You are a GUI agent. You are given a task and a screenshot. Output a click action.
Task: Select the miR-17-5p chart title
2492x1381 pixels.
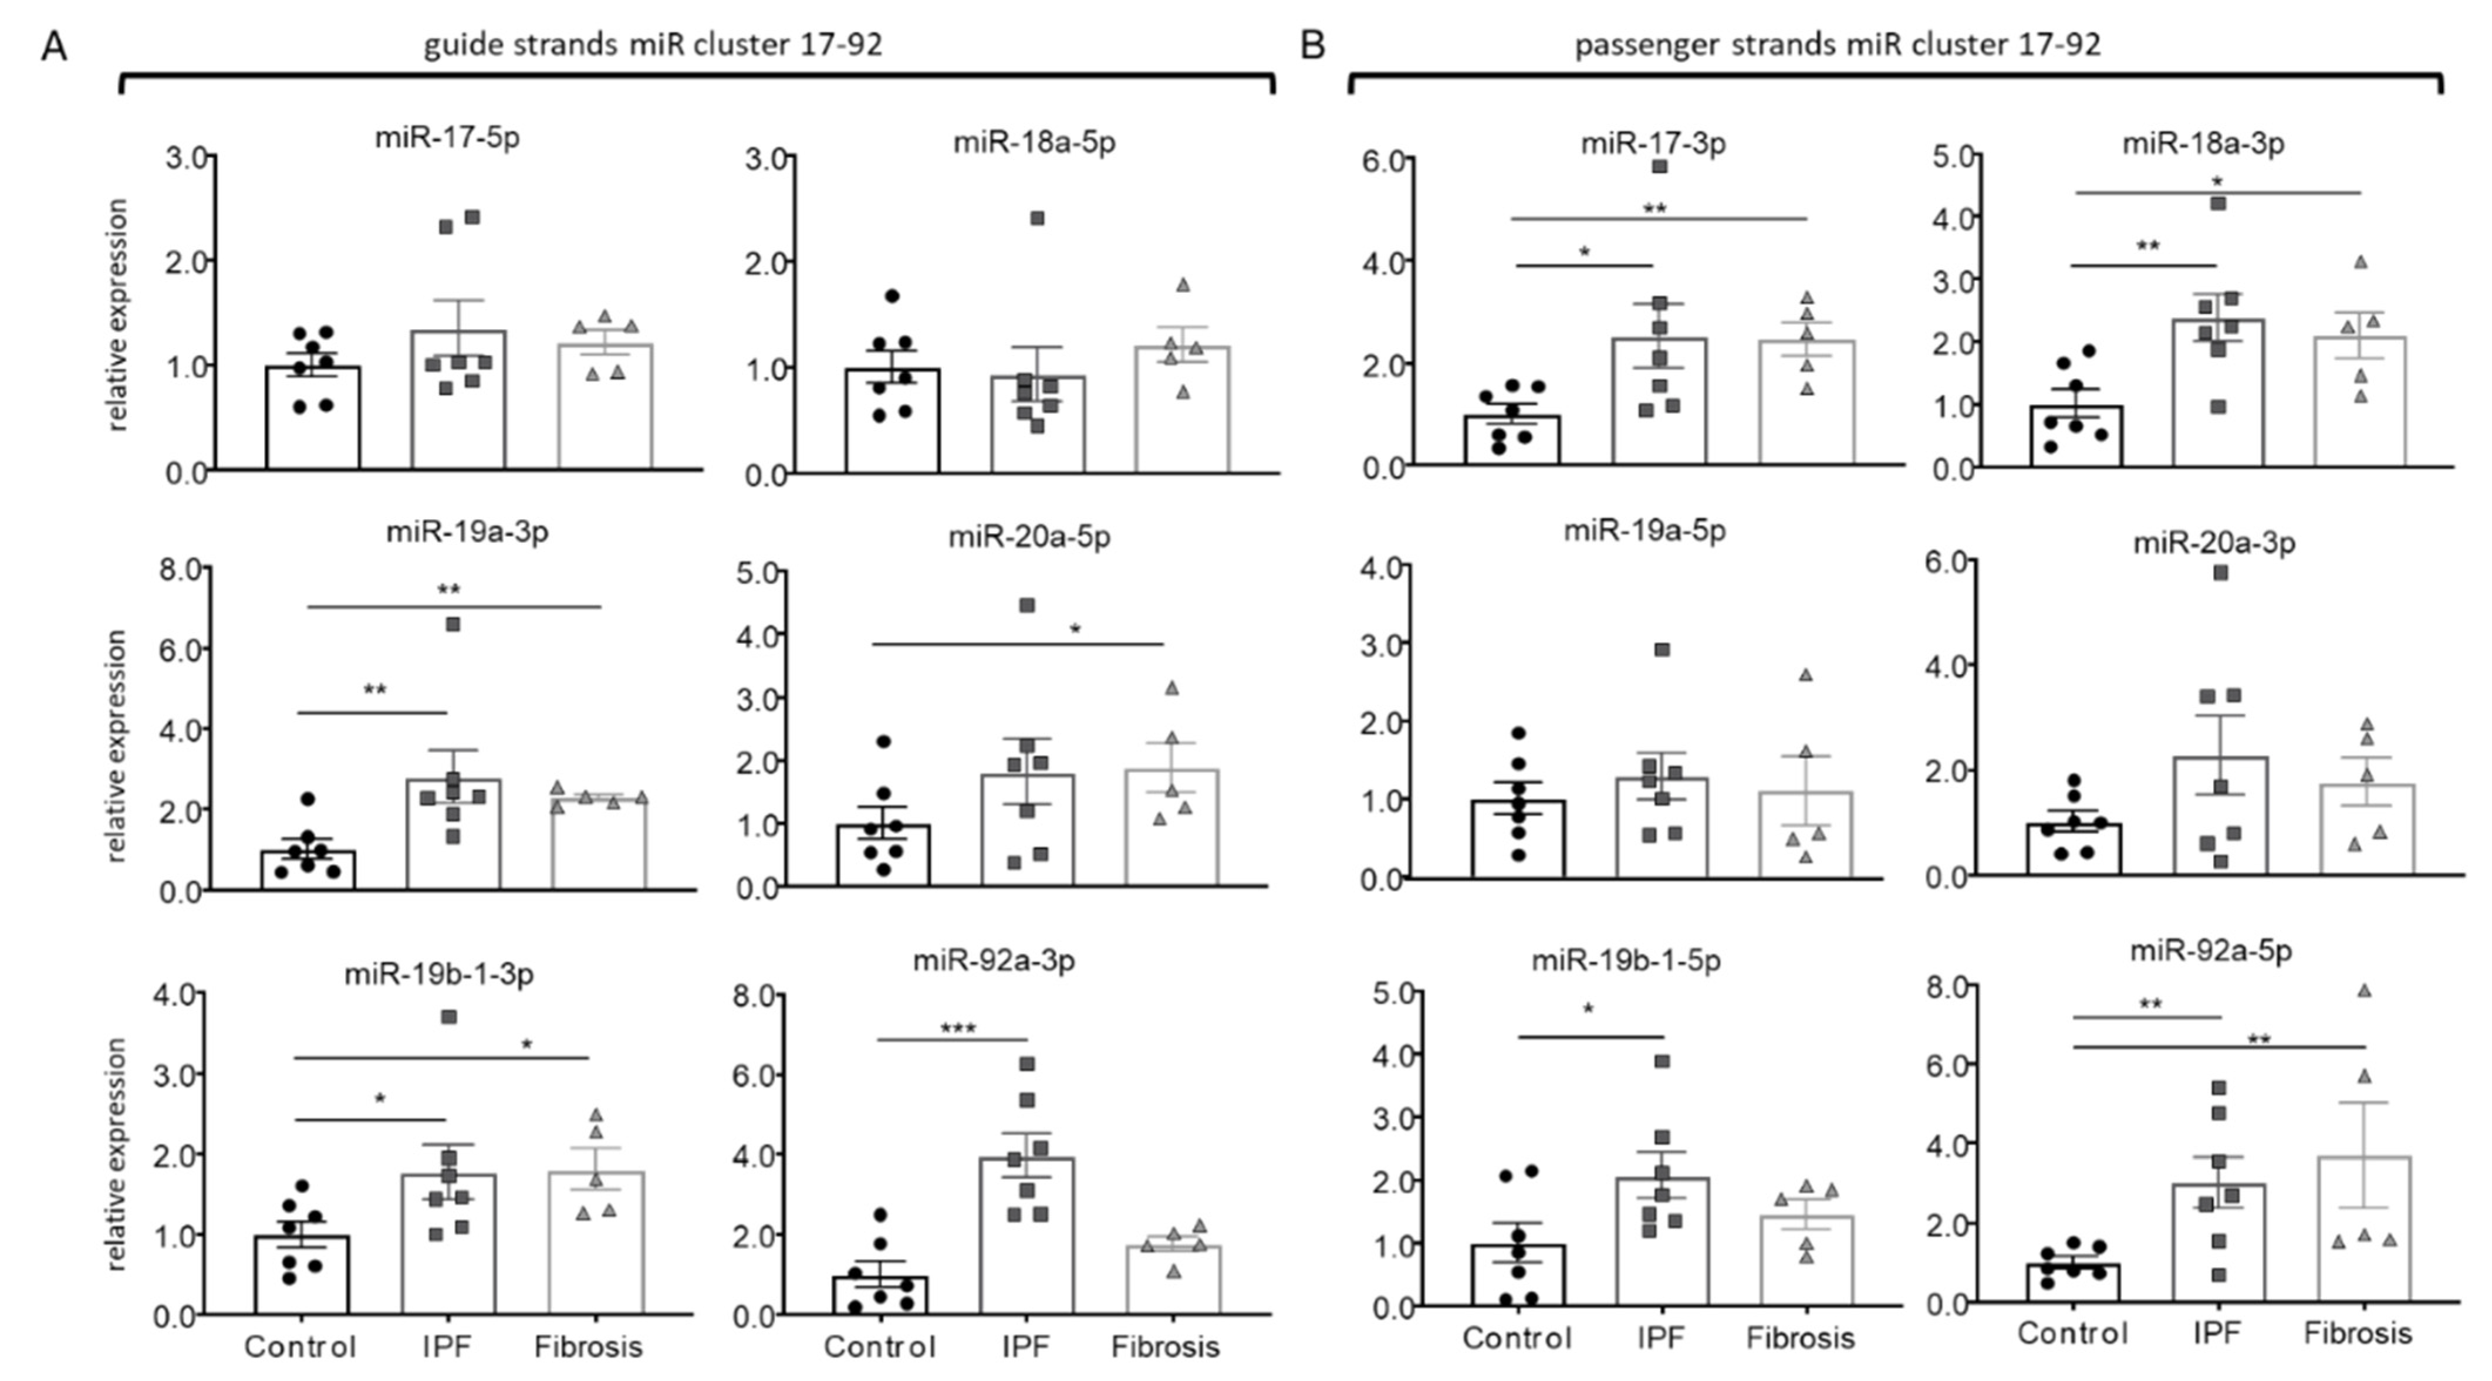tap(447, 137)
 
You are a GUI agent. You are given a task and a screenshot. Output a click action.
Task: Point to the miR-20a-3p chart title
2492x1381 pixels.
tap(2213, 543)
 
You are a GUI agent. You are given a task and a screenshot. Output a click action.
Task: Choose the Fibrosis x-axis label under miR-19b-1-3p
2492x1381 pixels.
tap(588, 1346)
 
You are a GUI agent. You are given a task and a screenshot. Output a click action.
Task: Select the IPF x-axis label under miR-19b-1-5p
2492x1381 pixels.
tap(1660, 1338)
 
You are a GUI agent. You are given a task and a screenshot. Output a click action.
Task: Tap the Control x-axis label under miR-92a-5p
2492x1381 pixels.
tap(2072, 1333)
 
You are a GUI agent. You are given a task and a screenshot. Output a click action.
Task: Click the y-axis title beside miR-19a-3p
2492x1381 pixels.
tap(117, 744)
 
